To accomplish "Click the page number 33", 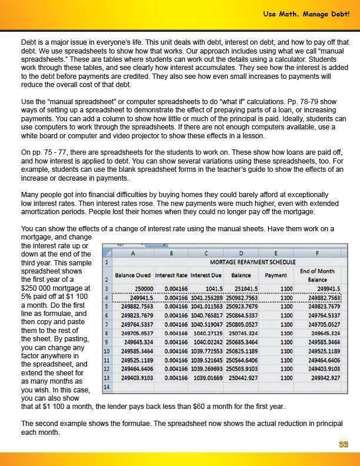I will (343, 444).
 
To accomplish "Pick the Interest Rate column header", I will (171, 275).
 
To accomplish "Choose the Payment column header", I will (276, 275).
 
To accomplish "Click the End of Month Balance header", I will (317, 275).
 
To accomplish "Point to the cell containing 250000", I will (140, 288).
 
